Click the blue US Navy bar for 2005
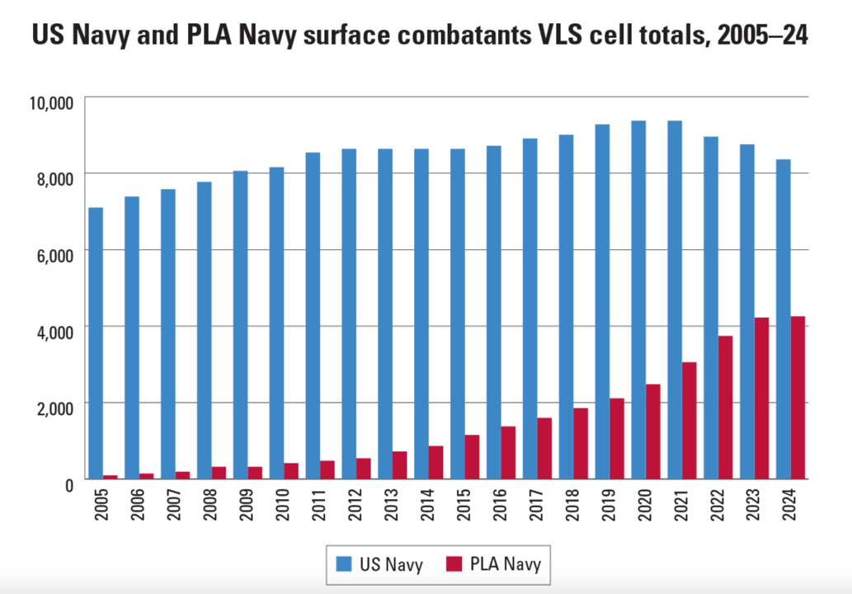click(x=96, y=342)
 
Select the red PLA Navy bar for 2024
click(x=798, y=398)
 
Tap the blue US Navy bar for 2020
click(x=638, y=299)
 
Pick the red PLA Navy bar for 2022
click(x=725, y=407)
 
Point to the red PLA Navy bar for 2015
click(x=473, y=456)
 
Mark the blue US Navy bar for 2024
click(x=783, y=318)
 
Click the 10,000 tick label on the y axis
click(x=50, y=101)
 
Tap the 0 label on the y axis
click(x=69, y=482)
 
